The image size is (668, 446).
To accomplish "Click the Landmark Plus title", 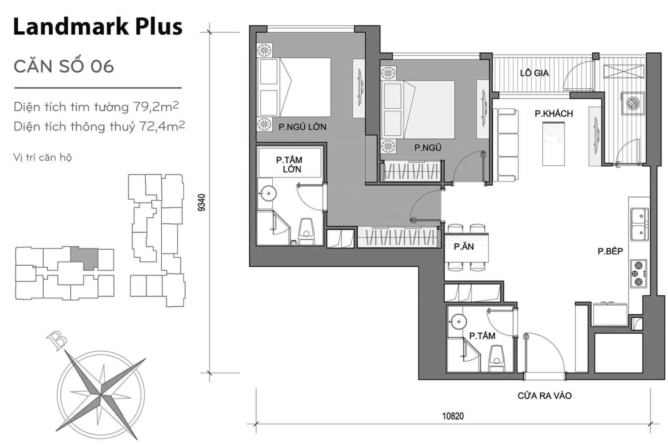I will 97,27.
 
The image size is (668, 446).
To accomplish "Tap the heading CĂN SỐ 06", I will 63,66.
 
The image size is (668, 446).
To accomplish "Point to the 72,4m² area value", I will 162,126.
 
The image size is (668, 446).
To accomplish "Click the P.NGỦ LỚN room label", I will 302,127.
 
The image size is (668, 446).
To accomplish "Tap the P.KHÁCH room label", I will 554,114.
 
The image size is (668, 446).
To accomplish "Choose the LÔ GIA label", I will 534,73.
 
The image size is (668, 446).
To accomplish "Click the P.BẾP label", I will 610,251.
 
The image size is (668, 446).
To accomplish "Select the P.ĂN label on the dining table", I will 464,247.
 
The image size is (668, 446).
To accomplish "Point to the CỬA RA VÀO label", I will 544,396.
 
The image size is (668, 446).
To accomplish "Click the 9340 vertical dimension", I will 200,202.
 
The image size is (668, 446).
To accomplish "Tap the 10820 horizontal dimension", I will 453,416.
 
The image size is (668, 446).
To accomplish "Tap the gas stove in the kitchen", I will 638,274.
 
